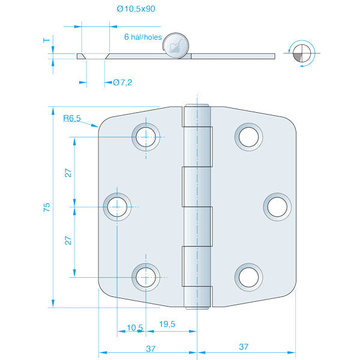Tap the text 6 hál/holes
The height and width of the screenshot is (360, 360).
(143, 37)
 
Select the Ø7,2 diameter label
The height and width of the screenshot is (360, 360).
(122, 82)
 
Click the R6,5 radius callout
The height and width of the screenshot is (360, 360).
(72, 119)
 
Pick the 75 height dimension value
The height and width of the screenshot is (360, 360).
(47, 207)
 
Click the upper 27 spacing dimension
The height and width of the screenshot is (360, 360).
(68, 172)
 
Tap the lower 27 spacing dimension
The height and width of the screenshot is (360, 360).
(68, 240)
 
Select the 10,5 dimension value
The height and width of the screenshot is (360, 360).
(135, 327)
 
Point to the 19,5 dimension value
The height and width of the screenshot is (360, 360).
(167, 324)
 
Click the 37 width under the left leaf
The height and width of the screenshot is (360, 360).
(151, 347)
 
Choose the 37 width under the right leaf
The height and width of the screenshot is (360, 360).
(244, 347)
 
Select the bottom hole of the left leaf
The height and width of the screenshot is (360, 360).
(145, 277)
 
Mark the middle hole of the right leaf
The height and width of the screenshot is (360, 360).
(276, 206)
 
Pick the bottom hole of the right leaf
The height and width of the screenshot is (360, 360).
(248, 276)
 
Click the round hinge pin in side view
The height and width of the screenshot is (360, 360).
(176, 46)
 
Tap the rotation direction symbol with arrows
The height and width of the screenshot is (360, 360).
(300, 54)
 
